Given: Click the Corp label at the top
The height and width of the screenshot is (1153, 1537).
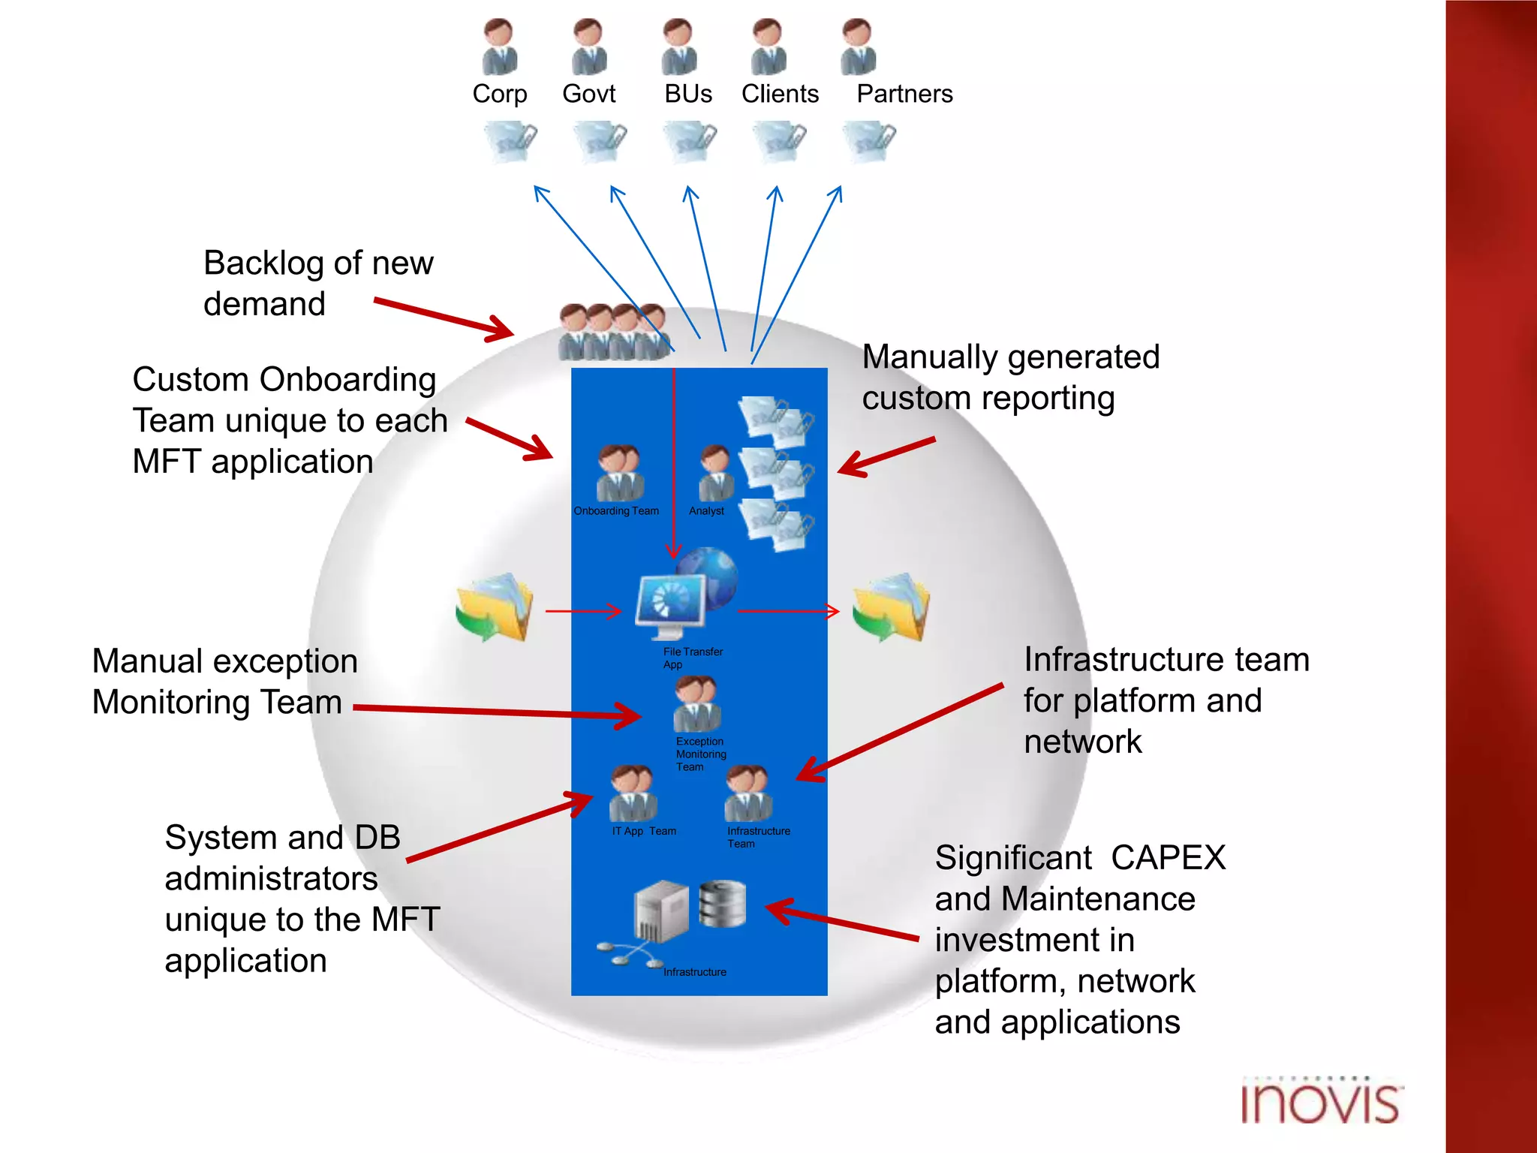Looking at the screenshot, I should click(x=499, y=94).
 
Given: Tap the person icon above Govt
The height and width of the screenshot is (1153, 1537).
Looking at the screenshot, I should click(x=589, y=47).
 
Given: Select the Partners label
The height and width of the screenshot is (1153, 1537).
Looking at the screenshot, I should click(x=904, y=94).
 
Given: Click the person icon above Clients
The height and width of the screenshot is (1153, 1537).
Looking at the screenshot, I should click(x=768, y=47).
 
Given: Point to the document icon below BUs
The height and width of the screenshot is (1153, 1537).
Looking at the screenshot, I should click(x=690, y=141).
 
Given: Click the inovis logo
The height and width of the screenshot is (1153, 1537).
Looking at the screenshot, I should click(x=1320, y=1102).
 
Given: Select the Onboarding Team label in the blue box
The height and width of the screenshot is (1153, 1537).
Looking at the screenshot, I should click(x=616, y=511).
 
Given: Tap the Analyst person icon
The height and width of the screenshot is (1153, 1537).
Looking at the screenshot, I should click(x=715, y=473).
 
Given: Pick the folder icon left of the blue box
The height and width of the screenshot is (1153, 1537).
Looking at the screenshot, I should click(x=495, y=607).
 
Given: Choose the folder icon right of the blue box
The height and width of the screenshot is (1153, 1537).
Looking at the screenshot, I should click(x=892, y=607).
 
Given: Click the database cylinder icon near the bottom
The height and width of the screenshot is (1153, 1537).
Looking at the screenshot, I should click(x=722, y=904).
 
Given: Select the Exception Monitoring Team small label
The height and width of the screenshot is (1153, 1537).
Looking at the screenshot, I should click(x=700, y=754).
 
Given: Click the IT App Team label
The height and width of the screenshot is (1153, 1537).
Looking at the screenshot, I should click(x=644, y=831).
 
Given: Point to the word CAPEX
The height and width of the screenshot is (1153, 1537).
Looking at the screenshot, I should click(x=1168, y=858).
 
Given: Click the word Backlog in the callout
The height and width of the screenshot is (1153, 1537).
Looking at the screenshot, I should click(x=263, y=263).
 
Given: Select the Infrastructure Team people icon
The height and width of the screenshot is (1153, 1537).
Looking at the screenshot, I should click(x=747, y=793).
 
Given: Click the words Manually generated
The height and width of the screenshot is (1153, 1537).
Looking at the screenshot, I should click(x=1010, y=357).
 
